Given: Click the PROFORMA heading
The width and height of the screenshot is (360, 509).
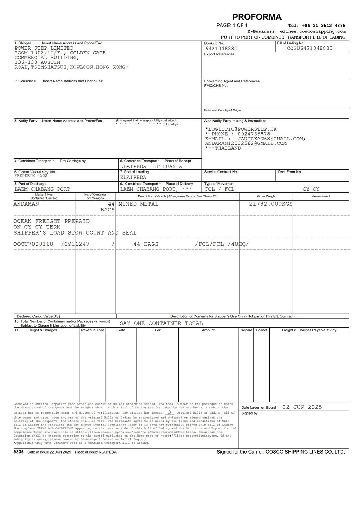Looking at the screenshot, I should coord(257,17).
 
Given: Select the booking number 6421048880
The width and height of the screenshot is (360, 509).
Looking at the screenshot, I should coord(221,49).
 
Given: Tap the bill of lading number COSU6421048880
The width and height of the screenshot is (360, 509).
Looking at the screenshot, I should coord(310,48).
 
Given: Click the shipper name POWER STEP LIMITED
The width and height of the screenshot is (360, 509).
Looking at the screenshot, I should coord(44,48).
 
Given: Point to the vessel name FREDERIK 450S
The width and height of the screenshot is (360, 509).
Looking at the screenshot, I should coord(31,176).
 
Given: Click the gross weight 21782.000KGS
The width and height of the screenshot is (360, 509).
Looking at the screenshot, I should coord(271,204).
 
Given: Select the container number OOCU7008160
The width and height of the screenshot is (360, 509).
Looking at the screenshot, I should coord(33,244).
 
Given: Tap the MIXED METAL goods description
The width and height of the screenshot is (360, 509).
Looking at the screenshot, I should coord(139,204).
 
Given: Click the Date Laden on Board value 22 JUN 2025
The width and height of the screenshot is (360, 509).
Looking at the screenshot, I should coord(302,407).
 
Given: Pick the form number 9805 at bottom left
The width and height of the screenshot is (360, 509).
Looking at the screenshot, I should coord(19,452).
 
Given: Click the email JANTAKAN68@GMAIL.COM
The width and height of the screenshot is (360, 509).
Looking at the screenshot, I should coord(271,139).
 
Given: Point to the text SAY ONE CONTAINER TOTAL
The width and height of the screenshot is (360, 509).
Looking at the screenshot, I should coord(161,323).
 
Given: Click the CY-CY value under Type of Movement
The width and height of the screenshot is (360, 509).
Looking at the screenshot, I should coord(311,189).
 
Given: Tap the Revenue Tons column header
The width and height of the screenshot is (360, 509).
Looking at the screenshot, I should coord(93,330).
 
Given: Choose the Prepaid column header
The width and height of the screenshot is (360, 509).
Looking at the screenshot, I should coord(246,330).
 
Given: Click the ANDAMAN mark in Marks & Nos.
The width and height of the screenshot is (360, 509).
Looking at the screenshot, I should coord(26,204).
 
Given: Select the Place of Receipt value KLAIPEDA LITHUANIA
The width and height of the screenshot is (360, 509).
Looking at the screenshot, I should coord(151,166).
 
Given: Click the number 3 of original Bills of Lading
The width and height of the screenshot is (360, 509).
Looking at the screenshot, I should coord(169,412).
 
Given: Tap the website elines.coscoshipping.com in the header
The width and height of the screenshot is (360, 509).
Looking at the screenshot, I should coord(312,31).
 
